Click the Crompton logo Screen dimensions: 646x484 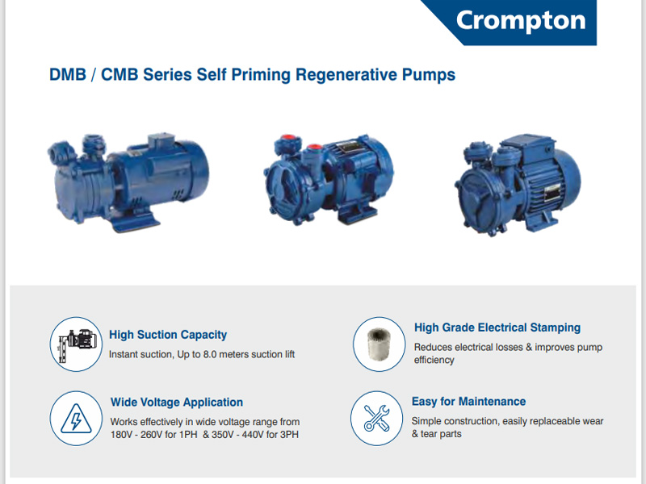point(521,21)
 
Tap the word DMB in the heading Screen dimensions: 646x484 point(68,74)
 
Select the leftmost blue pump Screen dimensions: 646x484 point(128,183)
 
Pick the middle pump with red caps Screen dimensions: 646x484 point(328,179)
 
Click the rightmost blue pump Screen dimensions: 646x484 point(518,185)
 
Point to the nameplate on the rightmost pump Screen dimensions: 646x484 point(552,194)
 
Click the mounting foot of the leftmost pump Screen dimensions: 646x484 point(135,223)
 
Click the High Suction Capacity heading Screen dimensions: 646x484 point(168,335)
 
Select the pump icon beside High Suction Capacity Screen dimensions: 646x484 point(76,344)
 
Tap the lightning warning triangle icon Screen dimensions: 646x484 point(76,418)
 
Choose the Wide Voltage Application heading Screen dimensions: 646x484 point(177,402)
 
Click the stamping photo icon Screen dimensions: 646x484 point(379,344)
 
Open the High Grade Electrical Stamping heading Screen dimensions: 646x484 point(497,328)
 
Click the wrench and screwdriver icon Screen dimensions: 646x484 point(376,418)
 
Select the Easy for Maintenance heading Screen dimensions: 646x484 point(469,401)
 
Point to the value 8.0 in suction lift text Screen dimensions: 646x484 point(210,354)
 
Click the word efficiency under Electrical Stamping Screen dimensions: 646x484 point(434,360)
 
